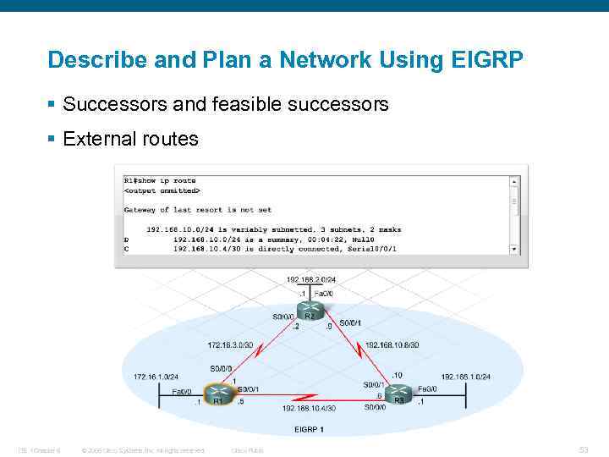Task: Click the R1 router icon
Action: pyautogui.click(x=219, y=393)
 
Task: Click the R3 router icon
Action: pyautogui.click(x=398, y=393)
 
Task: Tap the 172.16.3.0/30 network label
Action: pyautogui.click(x=230, y=344)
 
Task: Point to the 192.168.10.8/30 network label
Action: pyautogui.click(x=392, y=344)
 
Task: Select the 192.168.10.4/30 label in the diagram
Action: pyautogui.click(x=309, y=408)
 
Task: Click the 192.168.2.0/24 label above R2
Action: pyautogui.click(x=310, y=279)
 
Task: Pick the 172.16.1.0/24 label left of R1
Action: pyautogui.click(x=156, y=376)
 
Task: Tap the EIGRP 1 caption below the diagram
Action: pyautogui.click(x=310, y=429)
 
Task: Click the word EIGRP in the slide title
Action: pyautogui.click(x=486, y=60)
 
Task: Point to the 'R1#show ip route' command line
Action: pyautogui.click(x=160, y=180)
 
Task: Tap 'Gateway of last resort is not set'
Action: pyautogui.click(x=198, y=209)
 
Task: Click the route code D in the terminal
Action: pyautogui.click(x=127, y=239)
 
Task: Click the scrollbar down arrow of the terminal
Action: pyautogui.click(x=514, y=250)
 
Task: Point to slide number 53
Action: pyautogui.click(x=583, y=449)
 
